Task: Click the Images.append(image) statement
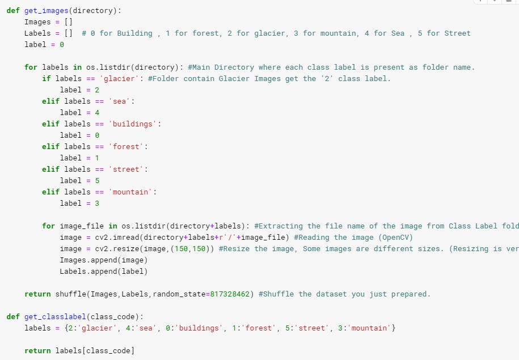[103, 260]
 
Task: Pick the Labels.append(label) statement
[103, 271]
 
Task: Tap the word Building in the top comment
[134, 33]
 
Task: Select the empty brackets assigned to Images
[68, 22]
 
